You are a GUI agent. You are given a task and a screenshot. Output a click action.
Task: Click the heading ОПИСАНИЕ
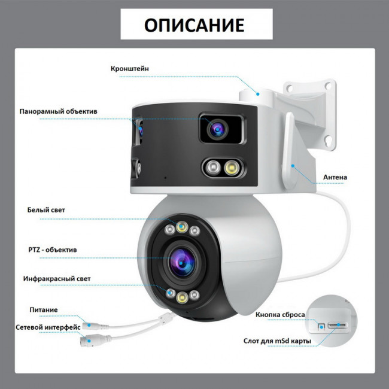194,25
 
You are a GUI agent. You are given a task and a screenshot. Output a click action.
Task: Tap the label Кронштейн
130,69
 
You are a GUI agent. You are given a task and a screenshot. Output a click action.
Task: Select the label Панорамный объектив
58,111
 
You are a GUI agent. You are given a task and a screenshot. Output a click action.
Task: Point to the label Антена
335,177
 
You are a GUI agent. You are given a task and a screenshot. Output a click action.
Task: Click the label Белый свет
46,210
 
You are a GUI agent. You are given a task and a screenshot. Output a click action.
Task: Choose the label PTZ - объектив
53,250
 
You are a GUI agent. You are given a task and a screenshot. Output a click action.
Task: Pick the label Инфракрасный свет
57,279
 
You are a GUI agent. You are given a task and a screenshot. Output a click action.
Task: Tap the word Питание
44,309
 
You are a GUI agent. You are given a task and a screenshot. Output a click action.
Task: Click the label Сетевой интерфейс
48,327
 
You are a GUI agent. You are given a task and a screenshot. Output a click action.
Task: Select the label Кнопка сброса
280,315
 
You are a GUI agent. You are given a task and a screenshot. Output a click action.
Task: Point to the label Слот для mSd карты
277,341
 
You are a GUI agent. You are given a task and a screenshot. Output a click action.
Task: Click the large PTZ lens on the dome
181,263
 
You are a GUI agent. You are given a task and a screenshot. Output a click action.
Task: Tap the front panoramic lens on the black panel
218,129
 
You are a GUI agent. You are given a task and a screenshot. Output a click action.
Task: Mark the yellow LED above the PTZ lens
182,226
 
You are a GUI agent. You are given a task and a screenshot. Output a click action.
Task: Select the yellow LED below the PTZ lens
182,297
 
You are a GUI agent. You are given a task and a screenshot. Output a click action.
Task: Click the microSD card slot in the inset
338,325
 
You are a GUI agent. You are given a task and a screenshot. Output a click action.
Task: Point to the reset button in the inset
321,326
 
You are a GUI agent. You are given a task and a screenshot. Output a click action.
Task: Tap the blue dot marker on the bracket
258,94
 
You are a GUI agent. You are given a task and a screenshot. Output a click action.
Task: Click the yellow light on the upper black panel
232,168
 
